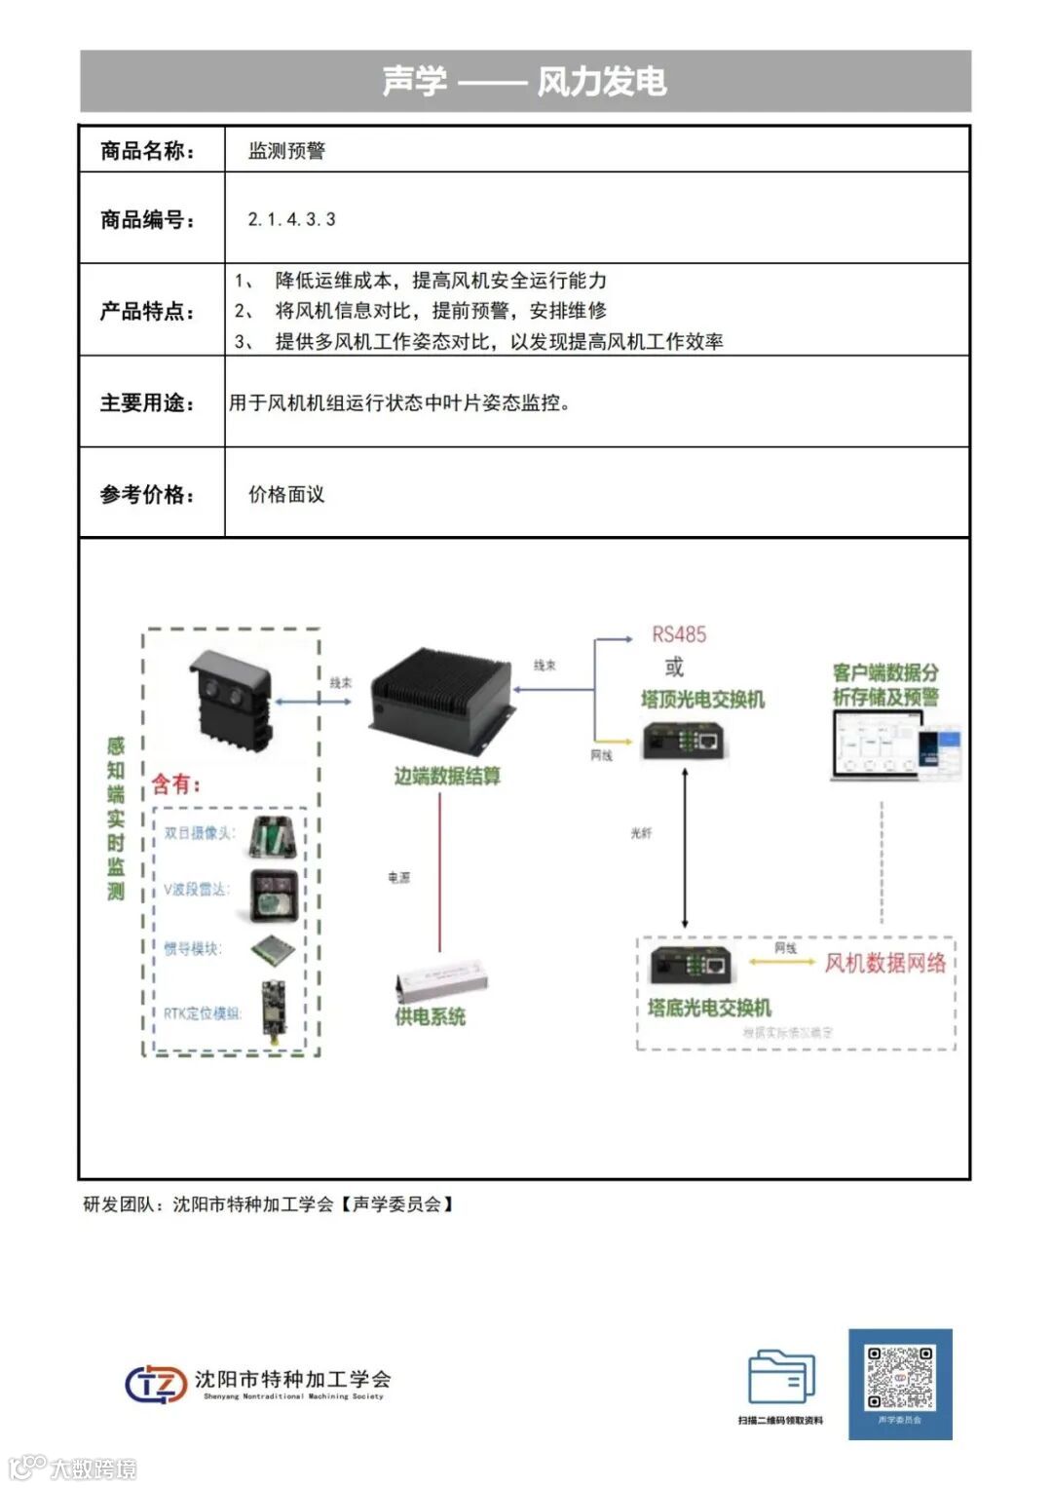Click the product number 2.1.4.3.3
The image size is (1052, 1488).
[291, 219]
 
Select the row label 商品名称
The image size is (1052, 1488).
[147, 150]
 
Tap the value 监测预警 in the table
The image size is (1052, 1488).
[286, 150]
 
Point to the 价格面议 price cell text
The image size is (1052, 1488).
[286, 494]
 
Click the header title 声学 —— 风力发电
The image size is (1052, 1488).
[525, 81]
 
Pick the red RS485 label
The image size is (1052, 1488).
[679, 634]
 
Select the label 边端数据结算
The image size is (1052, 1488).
[447, 776]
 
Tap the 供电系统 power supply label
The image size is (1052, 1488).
[430, 1015]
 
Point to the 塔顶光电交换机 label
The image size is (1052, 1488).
[702, 699]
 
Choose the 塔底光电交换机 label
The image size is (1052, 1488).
[709, 1007]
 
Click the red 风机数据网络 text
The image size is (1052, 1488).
[884, 963]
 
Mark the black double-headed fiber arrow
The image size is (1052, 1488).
[685, 848]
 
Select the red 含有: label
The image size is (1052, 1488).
[176, 783]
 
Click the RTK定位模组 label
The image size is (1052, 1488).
[202, 1013]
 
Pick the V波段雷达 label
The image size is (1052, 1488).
[196, 889]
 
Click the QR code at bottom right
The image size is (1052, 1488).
[900, 1378]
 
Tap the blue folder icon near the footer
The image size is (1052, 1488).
[781, 1377]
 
